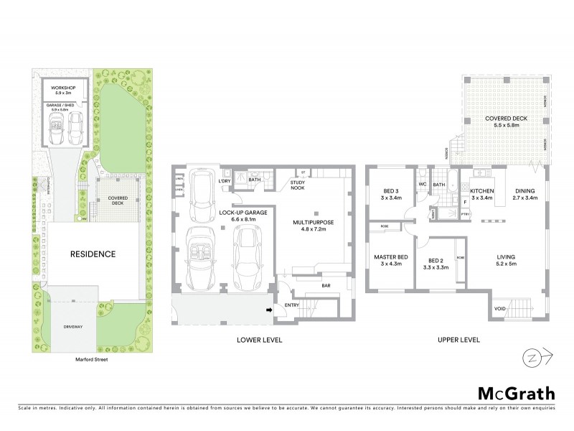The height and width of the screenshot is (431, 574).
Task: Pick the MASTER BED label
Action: pos(391,257)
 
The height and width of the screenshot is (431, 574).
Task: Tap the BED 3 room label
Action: pos(391,191)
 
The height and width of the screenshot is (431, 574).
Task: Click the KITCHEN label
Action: pos(482,191)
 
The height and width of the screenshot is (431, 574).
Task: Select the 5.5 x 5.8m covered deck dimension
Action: pos(502,125)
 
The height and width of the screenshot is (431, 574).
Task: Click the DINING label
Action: pos(525,191)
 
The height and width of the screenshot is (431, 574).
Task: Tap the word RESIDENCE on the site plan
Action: pos(93,254)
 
